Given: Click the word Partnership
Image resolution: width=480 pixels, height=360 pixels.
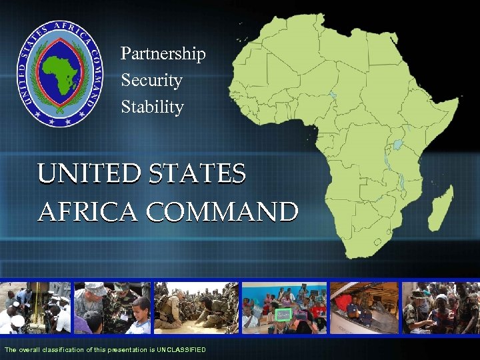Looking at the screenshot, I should [163, 54].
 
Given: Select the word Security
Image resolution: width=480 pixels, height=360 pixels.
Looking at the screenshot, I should [151, 81].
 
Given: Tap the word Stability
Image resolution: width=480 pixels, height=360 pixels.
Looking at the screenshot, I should [152, 107].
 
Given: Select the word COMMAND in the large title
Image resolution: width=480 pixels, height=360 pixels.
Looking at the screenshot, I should [222, 212].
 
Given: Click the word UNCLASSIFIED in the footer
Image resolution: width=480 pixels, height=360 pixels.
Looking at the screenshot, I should [181, 350].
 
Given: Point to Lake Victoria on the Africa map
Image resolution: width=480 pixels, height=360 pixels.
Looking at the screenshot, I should [398, 144].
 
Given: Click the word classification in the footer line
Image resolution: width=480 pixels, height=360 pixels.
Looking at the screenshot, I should [59, 350].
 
